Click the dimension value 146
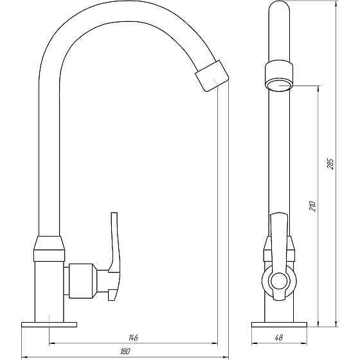[x=133, y=337]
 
